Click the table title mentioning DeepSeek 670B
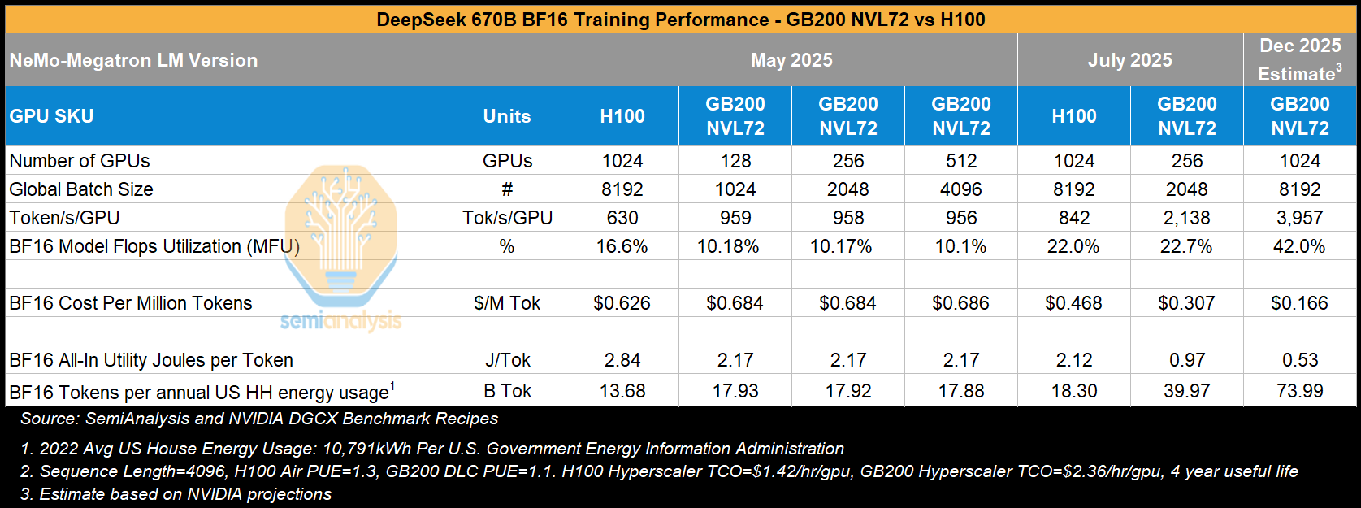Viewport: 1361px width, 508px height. coord(680,19)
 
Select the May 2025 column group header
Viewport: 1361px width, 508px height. coord(791,60)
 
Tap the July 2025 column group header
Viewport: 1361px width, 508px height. coord(1129,60)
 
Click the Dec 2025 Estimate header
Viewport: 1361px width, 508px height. coord(1299,59)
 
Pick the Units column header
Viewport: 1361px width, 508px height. coord(507,116)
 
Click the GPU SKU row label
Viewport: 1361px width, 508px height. coord(51,116)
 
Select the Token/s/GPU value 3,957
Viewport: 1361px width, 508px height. coord(1299,218)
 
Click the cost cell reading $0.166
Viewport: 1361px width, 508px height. coord(1299,303)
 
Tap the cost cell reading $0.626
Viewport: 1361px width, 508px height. coord(622,303)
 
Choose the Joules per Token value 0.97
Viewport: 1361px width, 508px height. coord(1186,360)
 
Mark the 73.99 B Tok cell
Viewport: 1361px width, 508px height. coord(1299,391)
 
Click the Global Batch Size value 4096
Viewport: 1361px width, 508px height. coord(960,189)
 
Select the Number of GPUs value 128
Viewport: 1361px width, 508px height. coord(735,161)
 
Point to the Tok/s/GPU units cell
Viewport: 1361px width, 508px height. coord(507,218)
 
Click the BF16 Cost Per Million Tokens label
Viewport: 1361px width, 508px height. coord(131,303)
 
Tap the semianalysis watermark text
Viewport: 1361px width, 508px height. coord(340,321)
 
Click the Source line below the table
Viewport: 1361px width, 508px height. coord(259,419)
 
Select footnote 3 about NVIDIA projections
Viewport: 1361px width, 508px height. coord(176,494)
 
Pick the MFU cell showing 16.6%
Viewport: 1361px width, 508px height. coord(622,246)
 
